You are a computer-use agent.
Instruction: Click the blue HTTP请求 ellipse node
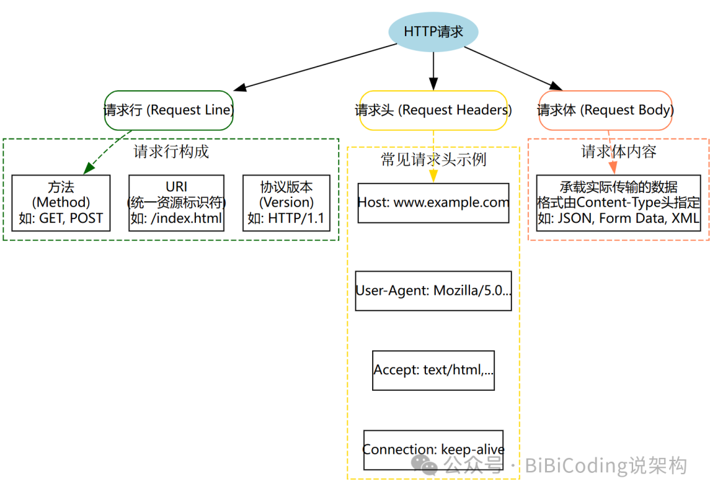point(433,32)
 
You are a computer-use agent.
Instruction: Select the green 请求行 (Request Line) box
point(169,111)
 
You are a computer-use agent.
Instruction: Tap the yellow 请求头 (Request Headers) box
point(433,111)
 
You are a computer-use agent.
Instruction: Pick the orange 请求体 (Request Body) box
point(605,111)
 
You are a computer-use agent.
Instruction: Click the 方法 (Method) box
point(61,203)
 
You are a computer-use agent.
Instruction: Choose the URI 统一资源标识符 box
point(176,203)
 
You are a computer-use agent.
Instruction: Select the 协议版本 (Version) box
point(286,203)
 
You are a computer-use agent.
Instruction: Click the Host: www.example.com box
point(433,203)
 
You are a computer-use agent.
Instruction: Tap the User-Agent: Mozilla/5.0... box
point(433,290)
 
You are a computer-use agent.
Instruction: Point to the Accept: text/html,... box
point(433,370)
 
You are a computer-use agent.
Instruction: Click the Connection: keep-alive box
point(433,450)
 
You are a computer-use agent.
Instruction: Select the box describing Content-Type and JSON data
point(619,203)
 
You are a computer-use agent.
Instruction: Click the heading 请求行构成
point(171,152)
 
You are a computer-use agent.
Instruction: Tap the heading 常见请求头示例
point(433,160)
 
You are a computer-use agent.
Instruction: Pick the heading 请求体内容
point(619,152)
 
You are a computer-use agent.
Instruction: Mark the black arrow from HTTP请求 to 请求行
point(316,67)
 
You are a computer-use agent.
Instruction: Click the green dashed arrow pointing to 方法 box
point(105,155)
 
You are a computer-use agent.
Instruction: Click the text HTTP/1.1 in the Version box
point(296,219)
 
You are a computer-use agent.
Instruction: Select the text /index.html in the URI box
point(186,219)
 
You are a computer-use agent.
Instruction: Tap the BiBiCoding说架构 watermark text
point(605,466)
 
